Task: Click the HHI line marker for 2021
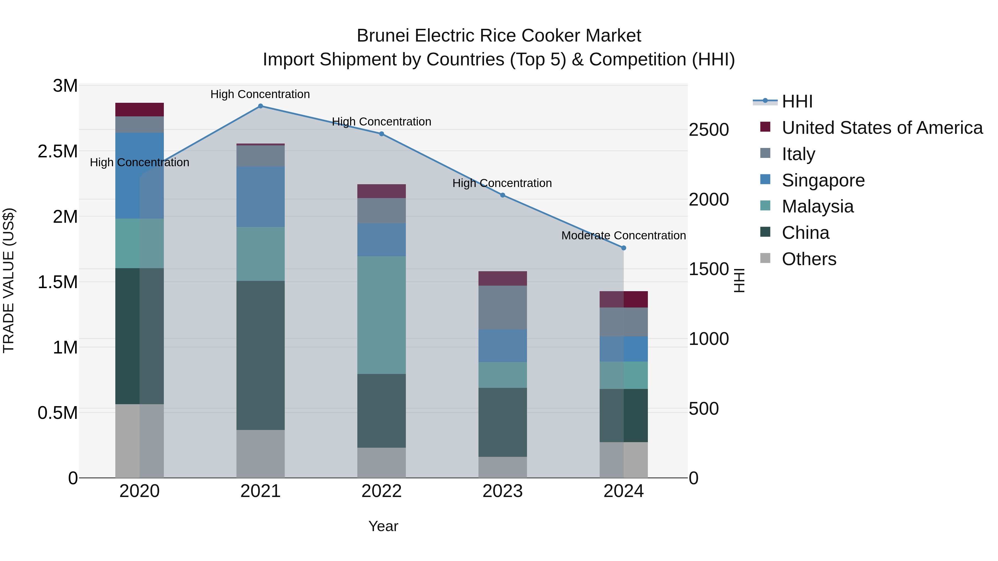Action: [x=260, y=106]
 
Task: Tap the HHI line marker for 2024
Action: [x=623, y=248]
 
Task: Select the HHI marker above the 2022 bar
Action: [x=382, y=134]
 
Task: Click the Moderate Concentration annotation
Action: [x=623, y=235]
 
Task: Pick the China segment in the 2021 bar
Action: [x=260, y=355]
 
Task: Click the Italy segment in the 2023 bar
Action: [x=503, y=308]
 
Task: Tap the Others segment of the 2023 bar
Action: [x=503, y=467]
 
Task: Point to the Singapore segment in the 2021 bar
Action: [x=260, y=197]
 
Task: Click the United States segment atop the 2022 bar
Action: [x=382, y=191]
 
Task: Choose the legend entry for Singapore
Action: [x=823, y=180]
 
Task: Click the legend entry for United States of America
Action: [x=882, y=128]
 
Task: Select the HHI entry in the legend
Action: [x=797, y=101]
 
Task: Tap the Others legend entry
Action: [x=809, y=259]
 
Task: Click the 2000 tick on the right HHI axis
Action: [x=709, y=199]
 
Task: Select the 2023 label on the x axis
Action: [x=503, y=491]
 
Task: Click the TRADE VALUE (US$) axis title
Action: [x=9, y=280]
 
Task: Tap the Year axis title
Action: [x=383, y=526]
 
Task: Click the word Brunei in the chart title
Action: [x=383, y=36]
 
